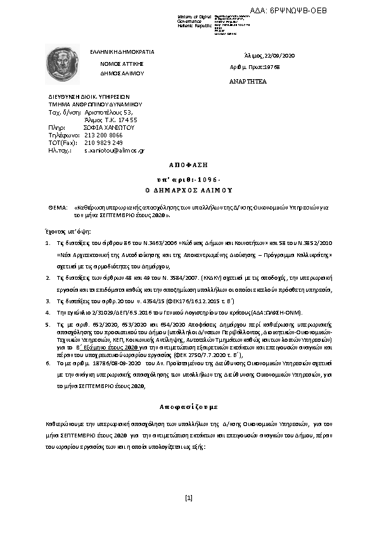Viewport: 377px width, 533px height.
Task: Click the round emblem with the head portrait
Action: click(61, 65)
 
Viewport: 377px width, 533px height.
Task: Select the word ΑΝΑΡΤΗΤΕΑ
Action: click(248, 82)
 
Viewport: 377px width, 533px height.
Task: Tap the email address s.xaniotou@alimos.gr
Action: click(115, 151)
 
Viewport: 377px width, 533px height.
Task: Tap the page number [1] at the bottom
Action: click(188, 498)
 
